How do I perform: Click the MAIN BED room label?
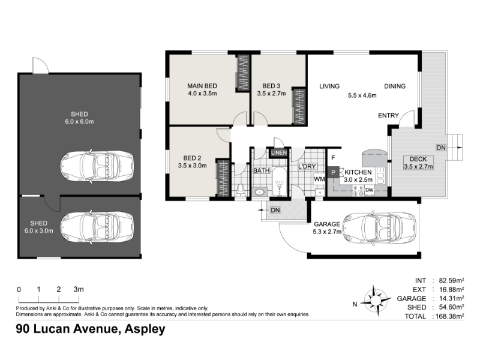[202, 86]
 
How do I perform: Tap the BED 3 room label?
[271, 86]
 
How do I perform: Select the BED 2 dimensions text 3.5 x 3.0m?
[192, 166]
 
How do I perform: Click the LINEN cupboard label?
[279, 152]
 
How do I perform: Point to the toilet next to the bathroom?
[241, 190]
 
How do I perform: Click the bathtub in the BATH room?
[279, 182]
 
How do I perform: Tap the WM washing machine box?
[319, 179]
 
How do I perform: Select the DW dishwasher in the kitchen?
[370, 190]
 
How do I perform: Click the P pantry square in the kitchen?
[333, 172]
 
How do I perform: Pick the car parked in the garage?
[379, 228]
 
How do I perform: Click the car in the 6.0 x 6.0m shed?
[97, 166]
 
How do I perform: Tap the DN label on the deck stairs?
[441, 148]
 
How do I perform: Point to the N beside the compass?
[355, 304]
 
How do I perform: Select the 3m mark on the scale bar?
[79, 289]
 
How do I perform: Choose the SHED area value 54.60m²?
[451, 307]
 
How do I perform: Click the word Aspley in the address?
[145, 329]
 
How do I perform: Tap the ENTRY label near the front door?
[388, 115]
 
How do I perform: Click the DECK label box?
[418, 163]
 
